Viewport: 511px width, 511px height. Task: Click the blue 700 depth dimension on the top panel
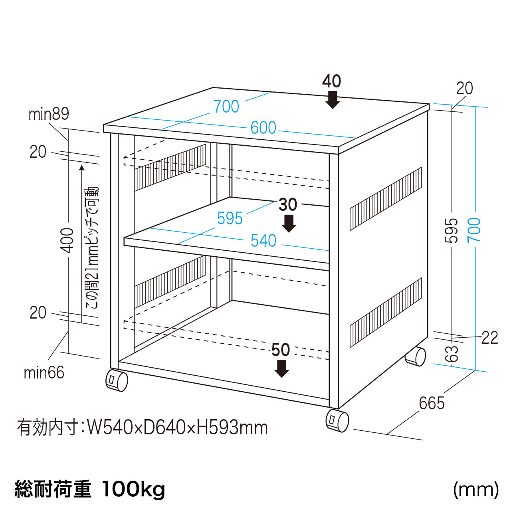[226, 107]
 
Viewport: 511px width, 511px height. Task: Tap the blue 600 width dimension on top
[263, 128]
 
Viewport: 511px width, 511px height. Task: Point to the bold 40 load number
[332, 81]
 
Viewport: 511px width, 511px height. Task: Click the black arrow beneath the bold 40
[332, 100]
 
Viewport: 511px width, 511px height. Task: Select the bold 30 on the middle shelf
[288, 205]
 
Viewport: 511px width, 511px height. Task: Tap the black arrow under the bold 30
[289, 224]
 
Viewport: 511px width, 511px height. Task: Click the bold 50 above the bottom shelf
[281, 350]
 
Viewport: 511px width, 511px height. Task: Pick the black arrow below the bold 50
[282, 368]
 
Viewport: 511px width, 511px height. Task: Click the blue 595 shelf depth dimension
[230, 218]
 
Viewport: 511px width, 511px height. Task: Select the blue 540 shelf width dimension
[263, 241]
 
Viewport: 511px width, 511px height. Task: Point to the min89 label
[49, 114]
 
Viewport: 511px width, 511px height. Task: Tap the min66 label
[44, 373]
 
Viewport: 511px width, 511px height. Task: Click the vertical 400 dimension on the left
[68, 240]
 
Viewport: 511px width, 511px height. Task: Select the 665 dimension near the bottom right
[432, 404]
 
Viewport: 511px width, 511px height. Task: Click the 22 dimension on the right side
[490, 338]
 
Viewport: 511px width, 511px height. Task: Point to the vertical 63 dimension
[452, 354]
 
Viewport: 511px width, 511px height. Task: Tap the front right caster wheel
[337, 420]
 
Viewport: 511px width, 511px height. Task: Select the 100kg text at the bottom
[133, 489]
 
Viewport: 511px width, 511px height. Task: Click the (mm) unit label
[476, 489]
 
